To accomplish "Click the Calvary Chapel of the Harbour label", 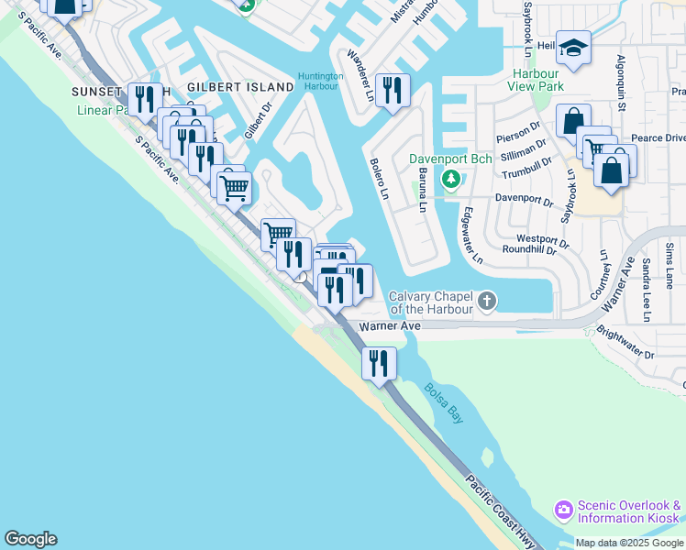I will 430,302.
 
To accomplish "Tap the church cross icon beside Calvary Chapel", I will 488,300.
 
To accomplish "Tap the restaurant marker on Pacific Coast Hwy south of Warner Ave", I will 379,363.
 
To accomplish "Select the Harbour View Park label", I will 548,79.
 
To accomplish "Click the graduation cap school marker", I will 573,48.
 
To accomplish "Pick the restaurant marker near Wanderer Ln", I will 393,90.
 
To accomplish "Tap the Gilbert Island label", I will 240,86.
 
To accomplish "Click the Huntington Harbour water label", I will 320,82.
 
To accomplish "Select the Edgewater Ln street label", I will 472,236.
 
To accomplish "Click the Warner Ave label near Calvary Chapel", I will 390,326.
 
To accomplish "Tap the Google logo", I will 30,539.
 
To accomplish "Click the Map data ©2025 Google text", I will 629,543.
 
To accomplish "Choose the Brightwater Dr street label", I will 625,341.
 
